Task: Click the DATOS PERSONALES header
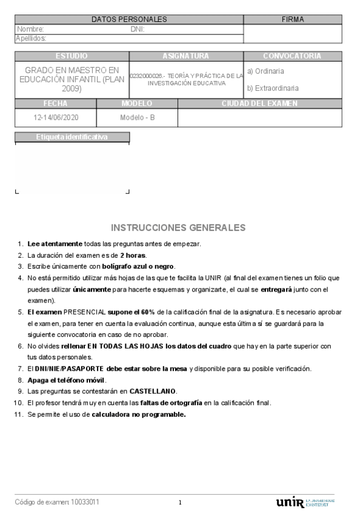click(x=129, y=19)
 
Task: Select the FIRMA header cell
click(x=293, y=19)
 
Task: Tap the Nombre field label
click(x=30, y=29)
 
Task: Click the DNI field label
click(x=137, y=29)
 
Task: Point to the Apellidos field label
click(x=31, y=38)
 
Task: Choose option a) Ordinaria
click(x=265, y=71)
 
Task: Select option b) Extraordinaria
click(x=273, y=88)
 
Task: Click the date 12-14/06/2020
click(x=56, y=117)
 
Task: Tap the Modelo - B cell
click(x=138, y=117)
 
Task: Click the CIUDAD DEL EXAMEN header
click(x=259, y=103)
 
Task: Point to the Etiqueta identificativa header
click(x=72, y=137)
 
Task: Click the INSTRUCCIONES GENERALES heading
click(x=178, y=227)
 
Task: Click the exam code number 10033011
click(x=85, y=502)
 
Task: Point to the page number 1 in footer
click(x=180, y=503)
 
